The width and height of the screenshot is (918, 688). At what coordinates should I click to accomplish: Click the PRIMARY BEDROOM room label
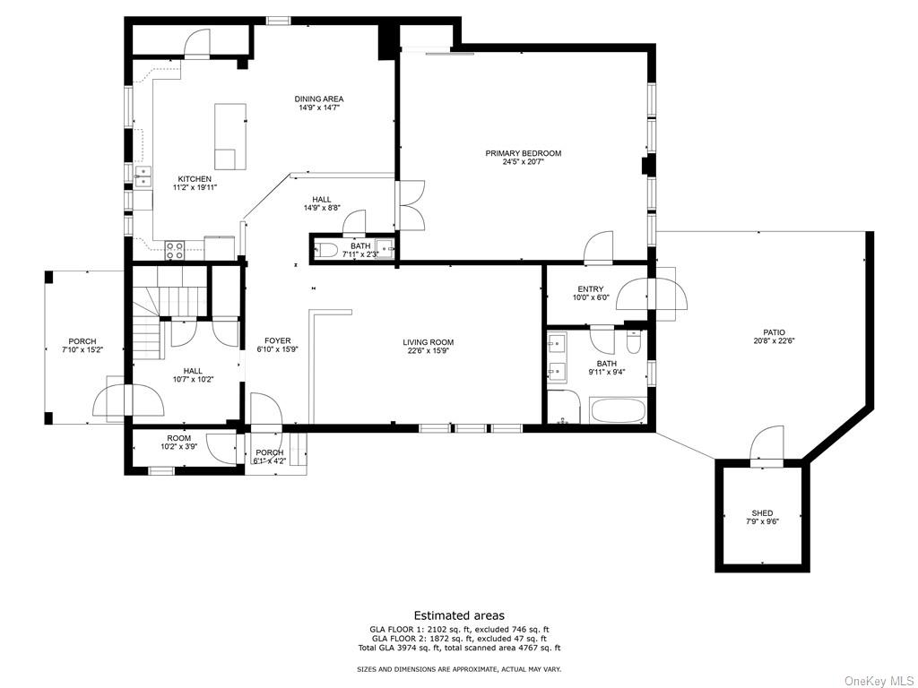pos(523,153)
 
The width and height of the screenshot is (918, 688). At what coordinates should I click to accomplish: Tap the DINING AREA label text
pos(319,99)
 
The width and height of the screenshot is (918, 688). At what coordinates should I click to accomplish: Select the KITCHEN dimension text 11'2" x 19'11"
pos(195,188)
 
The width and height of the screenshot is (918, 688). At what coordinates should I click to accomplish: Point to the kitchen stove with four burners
pos(175,251)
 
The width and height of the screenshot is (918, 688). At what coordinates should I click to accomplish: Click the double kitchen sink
pos(143,176)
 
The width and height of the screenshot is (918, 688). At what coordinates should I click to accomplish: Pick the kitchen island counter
pos(230,136)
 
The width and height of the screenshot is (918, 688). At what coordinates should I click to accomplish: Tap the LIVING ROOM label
pos(428,342)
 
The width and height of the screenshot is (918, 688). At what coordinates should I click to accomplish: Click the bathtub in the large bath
pos(619,409)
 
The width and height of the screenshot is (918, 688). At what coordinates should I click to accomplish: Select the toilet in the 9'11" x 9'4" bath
pos(634,342)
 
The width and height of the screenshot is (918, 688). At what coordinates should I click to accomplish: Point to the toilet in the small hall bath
pos(325,251)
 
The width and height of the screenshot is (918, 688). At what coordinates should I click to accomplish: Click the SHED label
pos(762,513)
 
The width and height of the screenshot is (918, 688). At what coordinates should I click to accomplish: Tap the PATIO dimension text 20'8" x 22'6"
pos(774,341)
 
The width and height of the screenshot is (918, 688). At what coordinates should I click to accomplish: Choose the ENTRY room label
pos(590,289)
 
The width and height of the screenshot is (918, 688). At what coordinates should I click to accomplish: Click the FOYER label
pos(278,341)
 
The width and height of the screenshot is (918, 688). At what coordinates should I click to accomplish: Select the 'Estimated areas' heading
pos(459,615)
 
